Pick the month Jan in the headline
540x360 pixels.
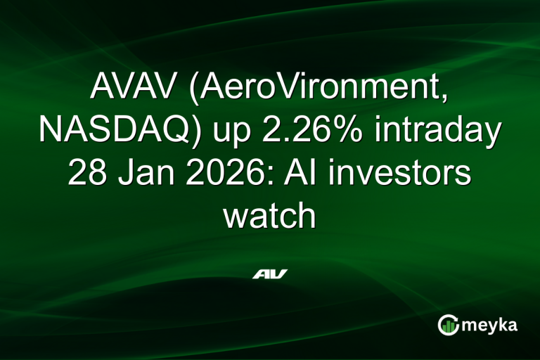click(146, 174)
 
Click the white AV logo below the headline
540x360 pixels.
click(270, 274)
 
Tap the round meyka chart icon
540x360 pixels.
click(448, 324)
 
